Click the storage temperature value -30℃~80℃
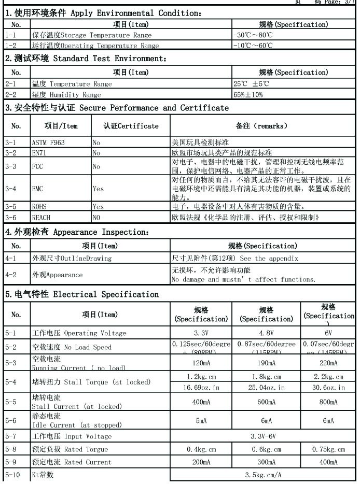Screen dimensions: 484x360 click(251, 35)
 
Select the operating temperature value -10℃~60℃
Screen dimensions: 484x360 click(251, 46)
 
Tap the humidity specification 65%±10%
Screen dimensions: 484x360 click(248, 95)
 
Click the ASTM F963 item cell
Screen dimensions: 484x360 click(48, 142)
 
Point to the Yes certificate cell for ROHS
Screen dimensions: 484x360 click(98, 206)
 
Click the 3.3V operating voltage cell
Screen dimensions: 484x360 click(201, 333)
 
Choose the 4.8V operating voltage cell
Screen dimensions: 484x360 click(266, 333)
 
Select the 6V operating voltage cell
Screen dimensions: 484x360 click(328, 333)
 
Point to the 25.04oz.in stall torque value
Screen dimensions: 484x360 click(266, 388)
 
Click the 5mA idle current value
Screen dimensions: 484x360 click(201, 421)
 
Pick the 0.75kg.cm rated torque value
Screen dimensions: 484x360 click(328, 449)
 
